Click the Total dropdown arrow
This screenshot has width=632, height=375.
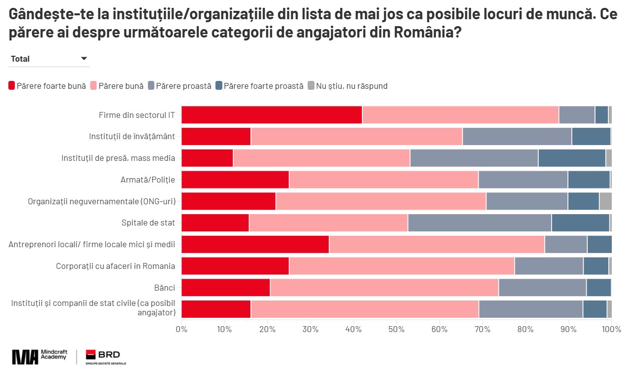(x=84, y=59)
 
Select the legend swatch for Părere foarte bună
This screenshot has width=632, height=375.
(x=12, y=86)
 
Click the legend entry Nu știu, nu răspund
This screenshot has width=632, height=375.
(x=348, y=86)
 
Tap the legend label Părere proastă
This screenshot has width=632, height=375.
(x=183, y=86)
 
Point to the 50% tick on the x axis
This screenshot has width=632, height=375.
(x=397, y=329)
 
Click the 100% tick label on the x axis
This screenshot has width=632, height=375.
(x=611, y=329)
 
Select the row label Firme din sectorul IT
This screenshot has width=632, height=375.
(x=137, y=115)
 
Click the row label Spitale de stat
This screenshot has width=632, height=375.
(x=148, y=223)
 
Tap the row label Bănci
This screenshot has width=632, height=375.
(x=164, y=288)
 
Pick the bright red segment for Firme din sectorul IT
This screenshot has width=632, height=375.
(x=272, y=115)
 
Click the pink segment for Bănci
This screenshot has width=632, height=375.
(x=384, y=288)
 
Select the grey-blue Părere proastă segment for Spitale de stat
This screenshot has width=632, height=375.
(x=479, y=223)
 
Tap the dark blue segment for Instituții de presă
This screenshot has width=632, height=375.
(x=571, y=158)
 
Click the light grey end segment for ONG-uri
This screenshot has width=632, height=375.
(x=605, y=201)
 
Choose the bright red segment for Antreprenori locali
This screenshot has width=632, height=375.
(x=255, y=244)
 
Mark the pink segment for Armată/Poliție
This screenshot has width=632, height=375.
(x=384, y=180)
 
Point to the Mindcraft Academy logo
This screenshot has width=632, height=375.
(x=39, y=356)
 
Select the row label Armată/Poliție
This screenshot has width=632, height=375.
(x=147, y=180)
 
